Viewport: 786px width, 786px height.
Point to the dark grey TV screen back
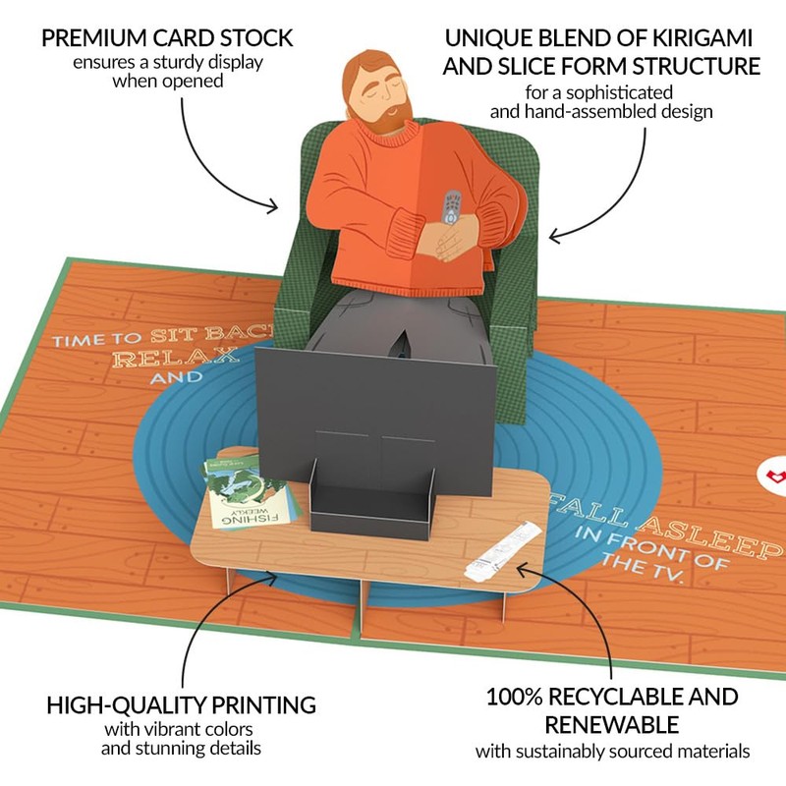(373, 403)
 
